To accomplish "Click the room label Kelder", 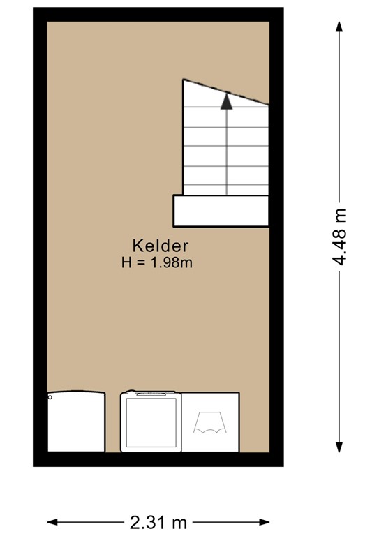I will [161, 246].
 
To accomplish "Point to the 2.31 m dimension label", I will [158, 521].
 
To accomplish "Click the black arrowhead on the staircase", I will [226, 101].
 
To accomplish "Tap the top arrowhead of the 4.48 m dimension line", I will [340, 27].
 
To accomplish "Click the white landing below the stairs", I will [221, 211].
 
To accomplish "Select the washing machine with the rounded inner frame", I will [151, 422].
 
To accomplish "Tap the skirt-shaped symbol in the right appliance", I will [210, 422].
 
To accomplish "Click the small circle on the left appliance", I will [50, 397].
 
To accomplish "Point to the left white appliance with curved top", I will [76, 422].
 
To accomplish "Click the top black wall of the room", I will [158, 15].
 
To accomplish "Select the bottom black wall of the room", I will [158, 459].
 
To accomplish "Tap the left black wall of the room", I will [40, 237].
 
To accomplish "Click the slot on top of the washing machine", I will [151, 394].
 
